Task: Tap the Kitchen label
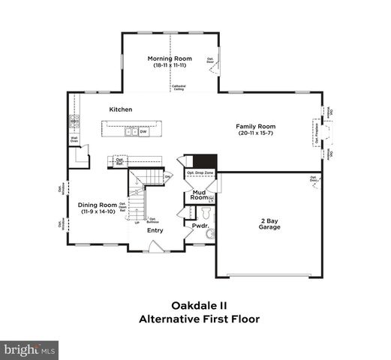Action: point(120,109)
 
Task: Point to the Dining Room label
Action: point(98,205)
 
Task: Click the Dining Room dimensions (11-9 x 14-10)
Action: point(98,212)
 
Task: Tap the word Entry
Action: point(155,230)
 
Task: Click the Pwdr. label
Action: point(200,225)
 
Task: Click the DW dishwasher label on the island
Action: point(143,132)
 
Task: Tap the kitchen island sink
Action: point(129,132)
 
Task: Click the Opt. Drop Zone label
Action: point(200,173)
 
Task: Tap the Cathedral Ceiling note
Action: point(179,88)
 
